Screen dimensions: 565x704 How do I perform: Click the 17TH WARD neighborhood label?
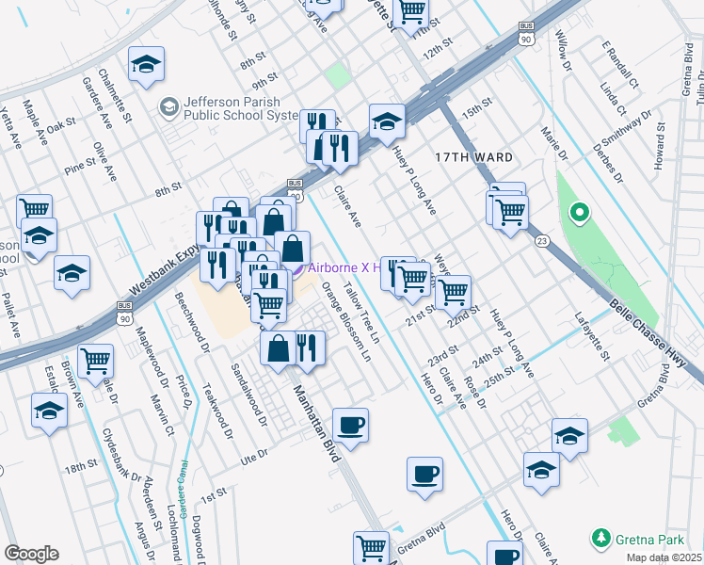474,156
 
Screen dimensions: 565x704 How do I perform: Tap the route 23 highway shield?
541,242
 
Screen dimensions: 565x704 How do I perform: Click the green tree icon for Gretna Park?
600,540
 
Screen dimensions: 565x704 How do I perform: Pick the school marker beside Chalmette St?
146,67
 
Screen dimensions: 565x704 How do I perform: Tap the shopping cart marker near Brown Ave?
96,362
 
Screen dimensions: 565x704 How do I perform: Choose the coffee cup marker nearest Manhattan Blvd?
350,426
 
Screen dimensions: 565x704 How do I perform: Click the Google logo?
31,554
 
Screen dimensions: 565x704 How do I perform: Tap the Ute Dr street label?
255,453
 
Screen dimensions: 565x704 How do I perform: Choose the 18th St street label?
81,467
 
